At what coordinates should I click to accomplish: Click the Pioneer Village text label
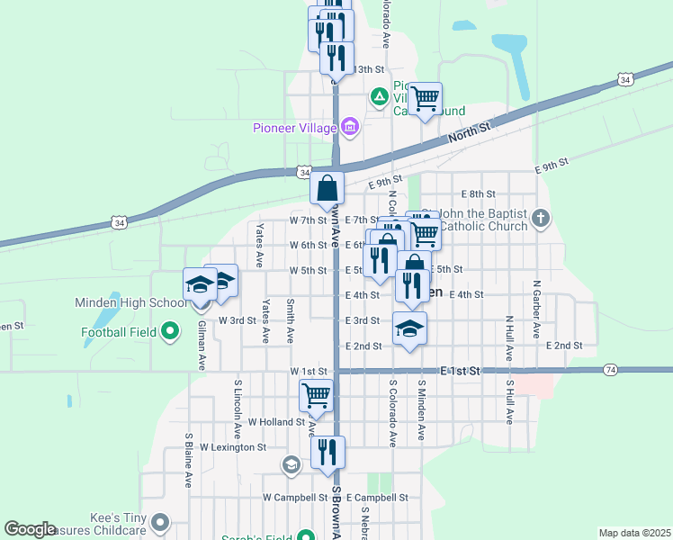pyautogui.click(x=294, y=127)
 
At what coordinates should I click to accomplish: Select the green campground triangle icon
pyautogui.click(x=380, y=95)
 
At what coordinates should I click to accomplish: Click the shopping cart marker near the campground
pyautogui.click(x=426, y=98)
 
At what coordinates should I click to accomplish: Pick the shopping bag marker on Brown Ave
pyautogui.click(x=328, y=188)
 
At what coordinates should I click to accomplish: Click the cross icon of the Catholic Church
pyautogui.click(x=541, y=217)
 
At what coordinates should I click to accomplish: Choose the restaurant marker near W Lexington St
pyautogui.click(x=328, y=452)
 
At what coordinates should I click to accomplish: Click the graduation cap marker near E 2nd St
pyautogui.click(x=409, y=328)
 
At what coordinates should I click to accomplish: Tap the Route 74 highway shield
pyautogui.click(x=611, y=370)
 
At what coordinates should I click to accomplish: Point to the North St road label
pyautogui.click(x=471, y=134)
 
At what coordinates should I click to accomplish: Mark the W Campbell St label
pyautogui.click(x=295, y=497)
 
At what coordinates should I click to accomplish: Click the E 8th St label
pyautogui.click(x=479, y=193)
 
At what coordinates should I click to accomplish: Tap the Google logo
pyautogui.click(x=30, y=529)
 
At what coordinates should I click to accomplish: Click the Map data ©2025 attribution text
pyautogui.click(x=633, y=533)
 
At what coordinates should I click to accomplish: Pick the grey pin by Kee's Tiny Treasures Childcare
pyautogui.click(x=160, y=522)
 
